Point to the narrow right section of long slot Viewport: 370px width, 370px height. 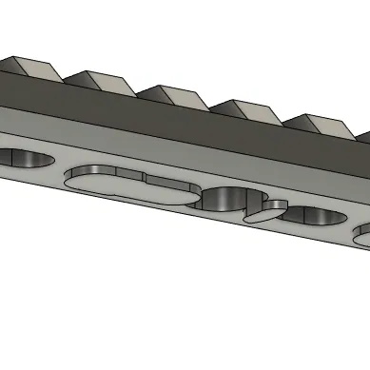(171, 189)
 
